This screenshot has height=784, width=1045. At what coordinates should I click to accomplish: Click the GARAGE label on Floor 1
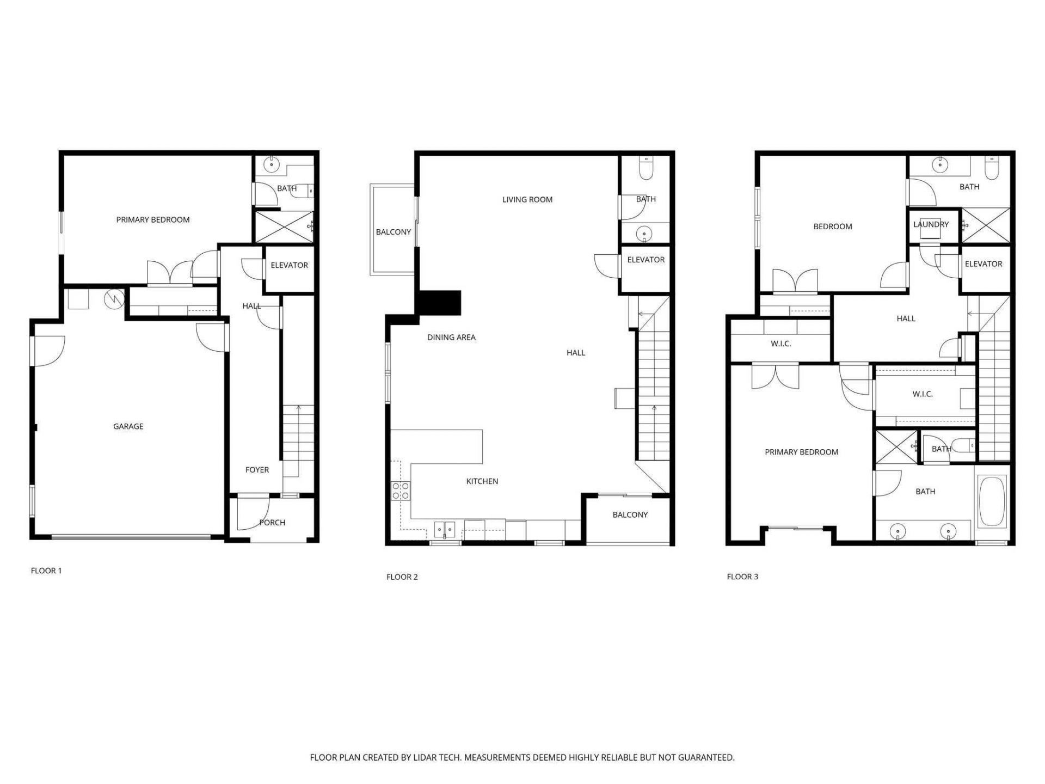click(x=128, y=426)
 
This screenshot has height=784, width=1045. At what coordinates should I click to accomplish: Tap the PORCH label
click(x=272, y=523)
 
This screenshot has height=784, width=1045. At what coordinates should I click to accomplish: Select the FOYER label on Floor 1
click(x=257, y=470)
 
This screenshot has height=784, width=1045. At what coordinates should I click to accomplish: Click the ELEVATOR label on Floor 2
click(x=646, y=260)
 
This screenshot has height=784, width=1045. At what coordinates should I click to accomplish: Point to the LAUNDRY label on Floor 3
click(x=931, y=224)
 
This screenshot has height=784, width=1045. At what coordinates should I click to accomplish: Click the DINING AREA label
click(x=451, y=338)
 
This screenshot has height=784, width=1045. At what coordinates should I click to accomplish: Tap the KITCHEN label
click(x=482, y=481)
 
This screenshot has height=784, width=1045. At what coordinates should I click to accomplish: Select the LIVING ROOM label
click(x=527, y=200)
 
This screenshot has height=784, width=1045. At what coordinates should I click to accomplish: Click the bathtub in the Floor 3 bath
click(x=992, y=502)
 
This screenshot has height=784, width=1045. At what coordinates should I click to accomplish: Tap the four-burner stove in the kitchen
click(x=401, y=491)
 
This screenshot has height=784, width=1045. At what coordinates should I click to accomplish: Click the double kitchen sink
click(x=445, y=529)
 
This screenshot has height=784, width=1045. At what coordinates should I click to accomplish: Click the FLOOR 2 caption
click(x=402, y=577)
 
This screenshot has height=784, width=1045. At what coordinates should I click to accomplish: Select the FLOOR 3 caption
click(x=742, y=577)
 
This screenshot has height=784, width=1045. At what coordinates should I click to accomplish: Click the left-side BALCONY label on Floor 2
click(x=393, y=232)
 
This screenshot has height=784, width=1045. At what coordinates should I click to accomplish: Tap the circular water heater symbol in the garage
click(x=114, y=298)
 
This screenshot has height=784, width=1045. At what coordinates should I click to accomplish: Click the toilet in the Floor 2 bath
click(x=646, y=169)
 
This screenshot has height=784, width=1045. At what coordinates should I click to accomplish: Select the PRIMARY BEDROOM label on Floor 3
click(x=801, y=452)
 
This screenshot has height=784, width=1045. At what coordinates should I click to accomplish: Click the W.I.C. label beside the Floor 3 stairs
click(x=923, y=394)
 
